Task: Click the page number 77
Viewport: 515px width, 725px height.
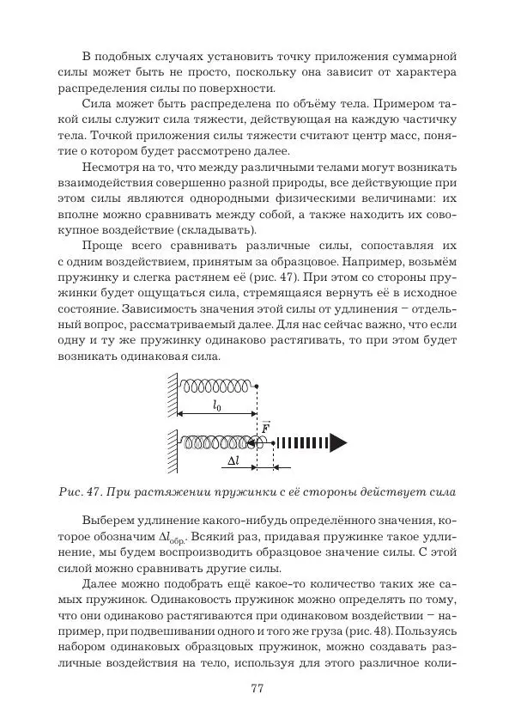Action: [257, 688]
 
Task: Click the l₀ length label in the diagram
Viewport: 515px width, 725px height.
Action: [216, 407]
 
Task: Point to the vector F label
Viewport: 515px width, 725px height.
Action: [265, 426]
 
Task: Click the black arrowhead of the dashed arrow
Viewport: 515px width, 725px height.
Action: [338, 442]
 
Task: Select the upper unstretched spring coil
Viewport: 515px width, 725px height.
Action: [215, 385]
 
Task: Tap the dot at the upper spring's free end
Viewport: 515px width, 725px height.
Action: [257, 386]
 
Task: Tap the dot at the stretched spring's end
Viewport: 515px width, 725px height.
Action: [273, 442]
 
